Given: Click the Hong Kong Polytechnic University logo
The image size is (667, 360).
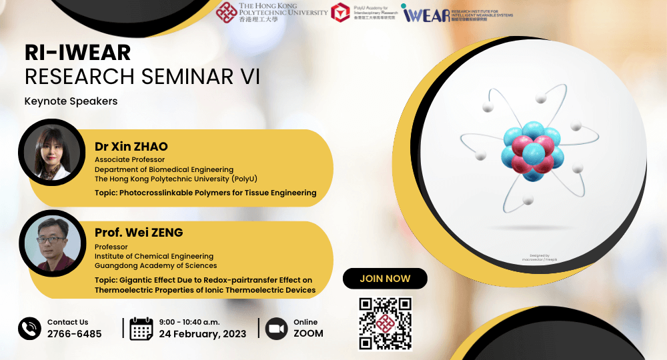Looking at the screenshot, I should pos(271,13).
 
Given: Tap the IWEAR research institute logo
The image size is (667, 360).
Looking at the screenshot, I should pos(457,13).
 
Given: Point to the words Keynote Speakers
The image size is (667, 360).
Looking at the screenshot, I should pos(71,101).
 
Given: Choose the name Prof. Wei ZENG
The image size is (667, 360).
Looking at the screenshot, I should pos(139,233).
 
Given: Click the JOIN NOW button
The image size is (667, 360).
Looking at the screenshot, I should pos(385,278).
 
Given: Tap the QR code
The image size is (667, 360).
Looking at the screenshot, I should pos(386,323).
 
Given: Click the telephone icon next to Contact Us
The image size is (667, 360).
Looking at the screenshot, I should pos(30,328).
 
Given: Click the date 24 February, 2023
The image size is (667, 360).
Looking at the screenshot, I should pos(203,334).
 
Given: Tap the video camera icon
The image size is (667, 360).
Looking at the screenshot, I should pos(276,329).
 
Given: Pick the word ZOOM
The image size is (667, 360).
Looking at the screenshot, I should pos(308,334).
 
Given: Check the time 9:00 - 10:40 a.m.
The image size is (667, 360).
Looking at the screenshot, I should pos(191,322).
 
